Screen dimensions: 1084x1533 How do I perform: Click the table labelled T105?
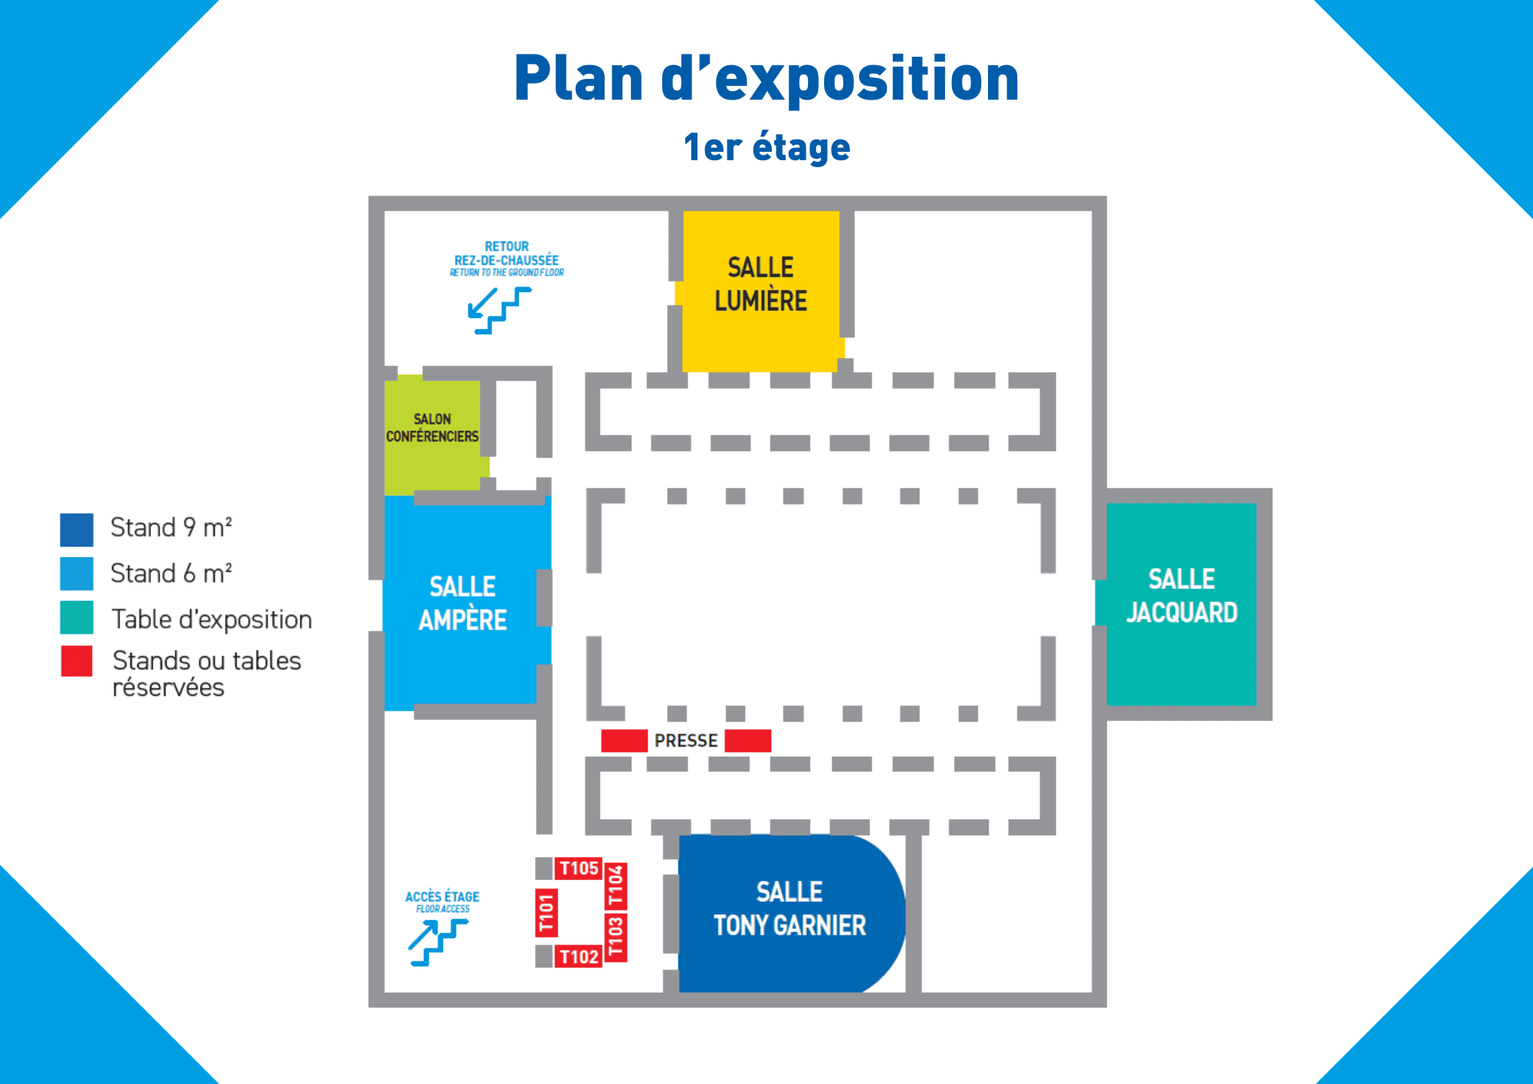(579, 869)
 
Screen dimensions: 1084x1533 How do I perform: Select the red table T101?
(546, 912)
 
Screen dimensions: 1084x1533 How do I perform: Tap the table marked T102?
(579, 957)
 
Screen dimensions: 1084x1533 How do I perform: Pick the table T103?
(616, 937)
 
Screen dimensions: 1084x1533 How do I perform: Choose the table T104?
(616, 885)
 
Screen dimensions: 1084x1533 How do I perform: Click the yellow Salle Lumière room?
(761, 291)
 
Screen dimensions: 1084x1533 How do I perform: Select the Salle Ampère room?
(464, 603)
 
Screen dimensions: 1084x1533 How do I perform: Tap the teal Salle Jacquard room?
(1181, 603)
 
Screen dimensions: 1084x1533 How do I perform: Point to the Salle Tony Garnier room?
(789, 912)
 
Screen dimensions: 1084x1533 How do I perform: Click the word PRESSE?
(686, 741)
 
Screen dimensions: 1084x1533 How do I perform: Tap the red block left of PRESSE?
(624, 741)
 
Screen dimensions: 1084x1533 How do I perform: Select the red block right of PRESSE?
(747, 741)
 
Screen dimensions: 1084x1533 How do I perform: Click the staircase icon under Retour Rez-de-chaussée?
(499, 310)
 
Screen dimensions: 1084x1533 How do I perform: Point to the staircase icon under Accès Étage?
(438, 942)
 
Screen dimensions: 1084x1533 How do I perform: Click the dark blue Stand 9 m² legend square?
(77, 529)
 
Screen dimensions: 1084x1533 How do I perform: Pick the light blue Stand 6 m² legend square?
(77, 573)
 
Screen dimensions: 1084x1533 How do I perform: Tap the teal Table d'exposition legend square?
(77, 618)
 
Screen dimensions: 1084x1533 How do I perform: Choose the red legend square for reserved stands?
(77, 662)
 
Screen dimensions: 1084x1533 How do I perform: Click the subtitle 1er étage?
(766, 147)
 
